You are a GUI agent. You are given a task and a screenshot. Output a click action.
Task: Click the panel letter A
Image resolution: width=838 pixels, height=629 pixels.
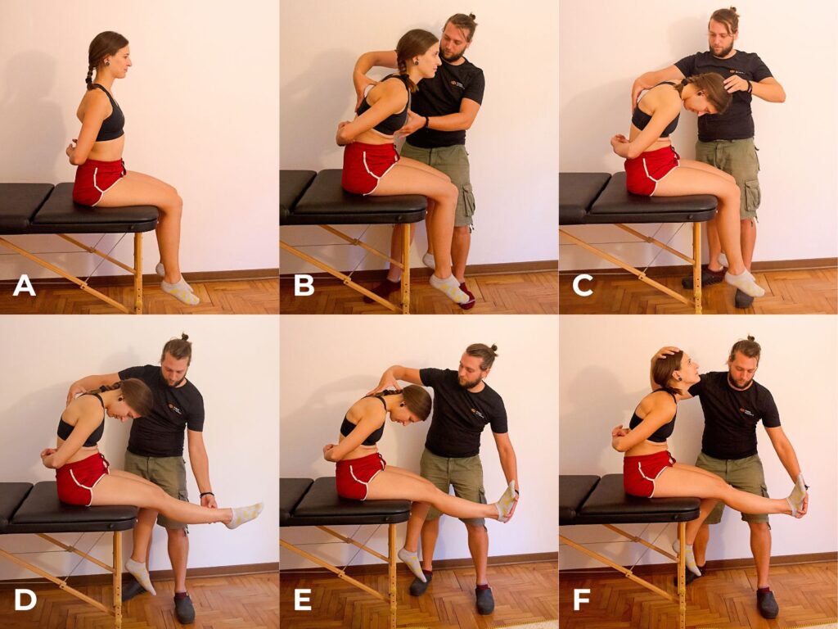[x=24, y=285]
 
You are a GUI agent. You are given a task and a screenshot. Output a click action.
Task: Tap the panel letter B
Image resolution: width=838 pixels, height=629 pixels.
[x=304, y=285]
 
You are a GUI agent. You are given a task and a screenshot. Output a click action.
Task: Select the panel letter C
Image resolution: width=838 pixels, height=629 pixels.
[x=582, y=285]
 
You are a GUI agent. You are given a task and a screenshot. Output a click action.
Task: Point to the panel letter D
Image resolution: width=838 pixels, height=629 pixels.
[x=25, y=600]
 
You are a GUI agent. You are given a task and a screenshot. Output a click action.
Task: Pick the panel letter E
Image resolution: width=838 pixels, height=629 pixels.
[x=303, y=600]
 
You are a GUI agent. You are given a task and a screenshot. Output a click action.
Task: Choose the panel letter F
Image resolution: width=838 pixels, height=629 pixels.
[x=582, y=600]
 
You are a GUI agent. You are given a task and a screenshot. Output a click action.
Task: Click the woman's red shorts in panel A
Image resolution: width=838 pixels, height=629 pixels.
[x=98, y=181]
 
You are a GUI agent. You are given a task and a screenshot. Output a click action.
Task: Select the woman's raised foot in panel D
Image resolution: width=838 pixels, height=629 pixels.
[x=246, y=514]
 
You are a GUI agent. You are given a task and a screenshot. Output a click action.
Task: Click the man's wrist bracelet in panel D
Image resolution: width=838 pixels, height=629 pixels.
[x=207, y=494]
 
